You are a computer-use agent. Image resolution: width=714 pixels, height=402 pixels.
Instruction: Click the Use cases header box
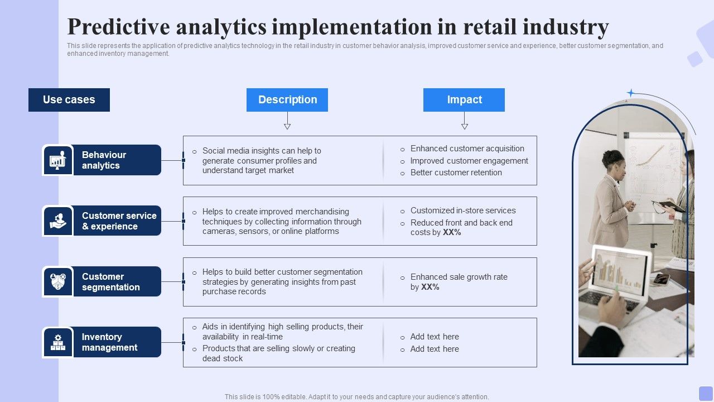pyautogui.click(x=69, y=100)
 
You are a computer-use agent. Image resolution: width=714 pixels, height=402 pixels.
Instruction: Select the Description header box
pyautogui.click(x=287, y=100)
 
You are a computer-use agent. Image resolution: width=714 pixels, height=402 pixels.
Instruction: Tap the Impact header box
pyautogui.click(x=464, y=100)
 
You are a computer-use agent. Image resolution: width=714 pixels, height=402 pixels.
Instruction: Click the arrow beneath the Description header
pyautogui.click(x=287, y=121)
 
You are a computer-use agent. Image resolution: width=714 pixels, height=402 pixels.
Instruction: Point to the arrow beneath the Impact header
pyautogui.click(x=465, y=121)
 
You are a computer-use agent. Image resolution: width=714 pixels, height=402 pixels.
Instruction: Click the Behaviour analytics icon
pyautogui.click(x=58, y=160)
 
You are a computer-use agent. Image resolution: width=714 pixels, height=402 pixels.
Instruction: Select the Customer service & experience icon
pyautogui.click(x=58, y=221)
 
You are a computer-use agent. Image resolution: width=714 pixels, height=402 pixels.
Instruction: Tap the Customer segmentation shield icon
pyautogui.click(x=58, y=281)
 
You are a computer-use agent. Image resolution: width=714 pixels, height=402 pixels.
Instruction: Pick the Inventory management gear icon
pyautogui.click(x=58, y=342)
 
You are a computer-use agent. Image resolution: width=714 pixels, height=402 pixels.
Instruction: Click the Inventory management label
pyautogui.click(x=109, y=342)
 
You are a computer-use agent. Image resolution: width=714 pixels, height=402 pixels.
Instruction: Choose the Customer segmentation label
pyautogui.click(x=110, y=282)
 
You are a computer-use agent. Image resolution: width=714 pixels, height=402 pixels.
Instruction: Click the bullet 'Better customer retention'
pyautogui.click(x=456, y=173)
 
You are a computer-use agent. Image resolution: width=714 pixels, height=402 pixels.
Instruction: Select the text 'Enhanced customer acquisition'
pyautogui.click(x=467, y=149)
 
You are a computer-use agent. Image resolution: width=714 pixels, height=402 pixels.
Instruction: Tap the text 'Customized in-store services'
pyautogui.click(x=463, y=210)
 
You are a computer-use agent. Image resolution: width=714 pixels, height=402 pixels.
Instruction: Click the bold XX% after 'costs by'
pyautogui.click(x=452, y=232)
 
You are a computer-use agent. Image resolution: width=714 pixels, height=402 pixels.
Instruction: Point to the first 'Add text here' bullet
pyautogui.click(x=435, y=337)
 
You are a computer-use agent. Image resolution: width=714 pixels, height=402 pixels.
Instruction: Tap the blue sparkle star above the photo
pyautogui.click(x=631, y=93)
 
